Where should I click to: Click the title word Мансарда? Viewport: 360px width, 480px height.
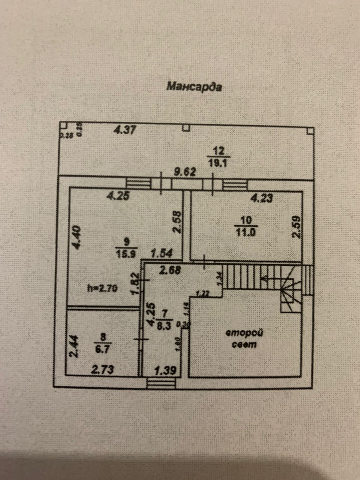coord(194,87)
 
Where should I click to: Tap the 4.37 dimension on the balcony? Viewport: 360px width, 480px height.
coord(125,130)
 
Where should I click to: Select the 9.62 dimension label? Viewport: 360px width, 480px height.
coord(185,172)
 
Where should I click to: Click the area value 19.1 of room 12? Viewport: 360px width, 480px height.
coord(218,163)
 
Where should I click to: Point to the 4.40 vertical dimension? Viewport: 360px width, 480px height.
coord(76,237)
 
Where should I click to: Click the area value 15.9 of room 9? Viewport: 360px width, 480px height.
coord(126,254)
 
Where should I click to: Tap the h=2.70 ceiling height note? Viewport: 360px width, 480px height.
coord(102,289)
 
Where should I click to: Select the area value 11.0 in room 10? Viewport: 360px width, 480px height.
coord(246,232)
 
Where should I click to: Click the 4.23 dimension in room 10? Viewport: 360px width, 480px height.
coord(262,198)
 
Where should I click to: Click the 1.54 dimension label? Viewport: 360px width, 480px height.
coord(161,254)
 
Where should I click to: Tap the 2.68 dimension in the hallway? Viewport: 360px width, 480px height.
coord(170,271)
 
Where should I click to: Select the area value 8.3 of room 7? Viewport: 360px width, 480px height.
coord(164,326)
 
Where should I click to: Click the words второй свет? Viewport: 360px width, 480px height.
coord(244,338)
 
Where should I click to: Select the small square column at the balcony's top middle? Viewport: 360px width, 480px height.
coord(186,128)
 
